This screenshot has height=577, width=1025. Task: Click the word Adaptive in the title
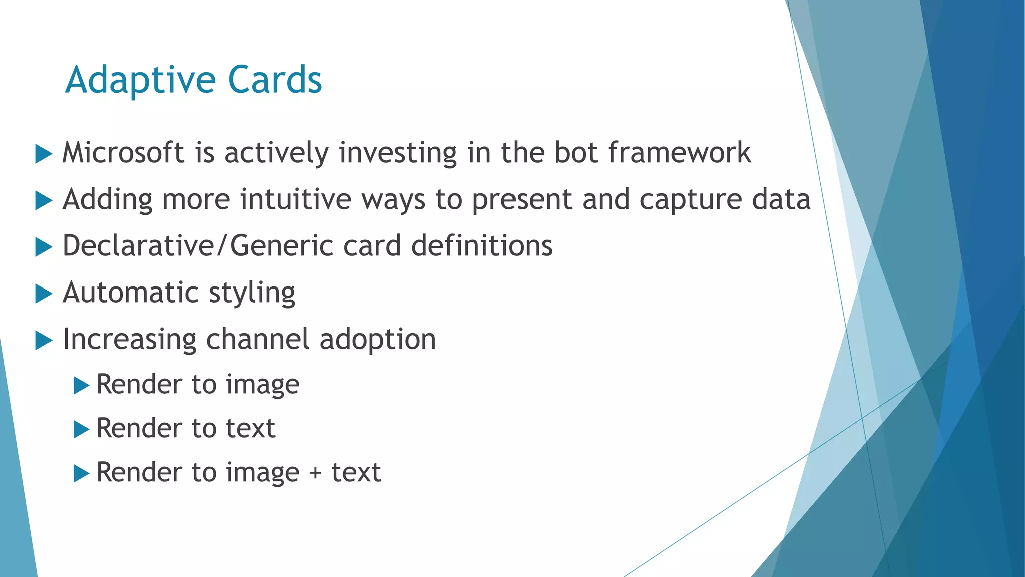click(x=141, y=80)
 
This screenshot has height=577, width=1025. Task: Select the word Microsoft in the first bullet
click(x=123, y=152)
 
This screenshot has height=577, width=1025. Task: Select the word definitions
click(x=482, y=246)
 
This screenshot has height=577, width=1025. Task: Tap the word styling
click(x=252, y=294)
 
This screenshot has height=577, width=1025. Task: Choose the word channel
click(x=258, y=339)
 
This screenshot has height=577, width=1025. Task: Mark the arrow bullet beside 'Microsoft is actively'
click(x=44, y=154)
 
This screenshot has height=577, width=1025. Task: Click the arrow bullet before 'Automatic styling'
click(x=44, y=294)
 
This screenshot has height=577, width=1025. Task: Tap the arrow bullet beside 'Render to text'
click(x=81, y=429)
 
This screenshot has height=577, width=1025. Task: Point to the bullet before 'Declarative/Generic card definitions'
click(x=44, y=247)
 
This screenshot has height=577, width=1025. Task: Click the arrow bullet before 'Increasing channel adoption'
click(x=44, y=341)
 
